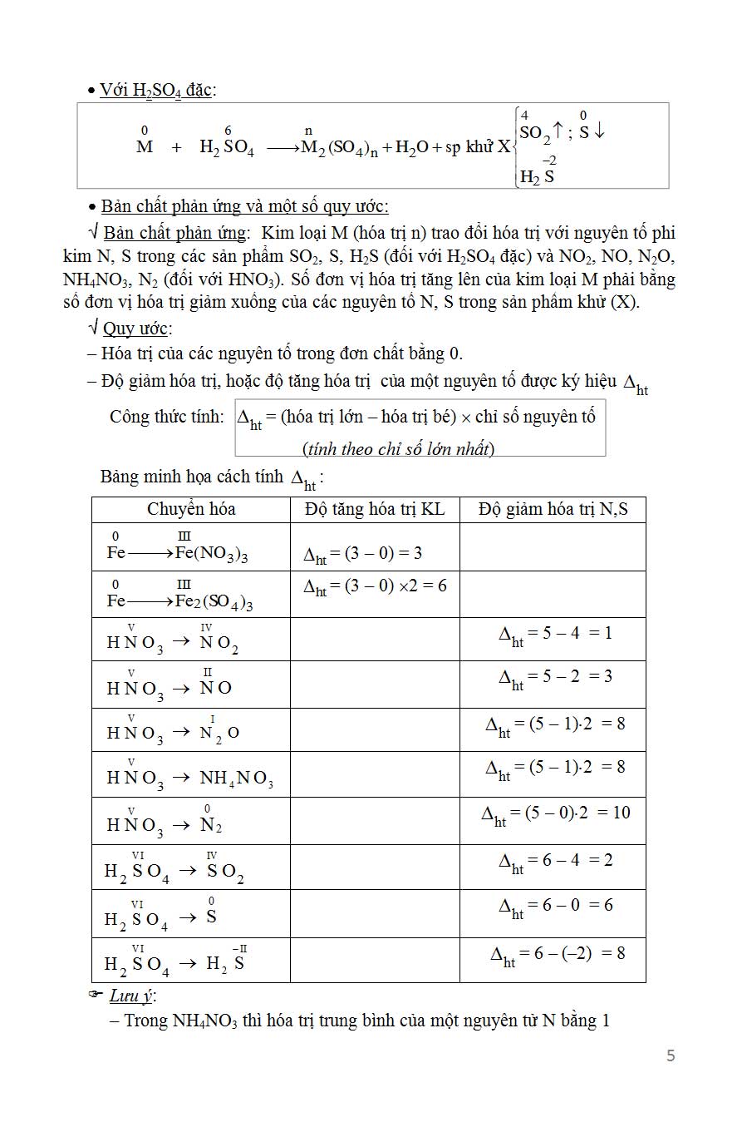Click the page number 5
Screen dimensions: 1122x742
point(671,1055)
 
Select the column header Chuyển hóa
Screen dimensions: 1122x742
point(191,509)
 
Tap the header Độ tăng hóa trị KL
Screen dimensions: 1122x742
point(375,509)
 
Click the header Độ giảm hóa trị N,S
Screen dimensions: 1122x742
point(553,509)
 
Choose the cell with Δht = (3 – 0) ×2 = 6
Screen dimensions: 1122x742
point(375,586)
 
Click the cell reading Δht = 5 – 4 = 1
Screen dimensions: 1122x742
point(555,634)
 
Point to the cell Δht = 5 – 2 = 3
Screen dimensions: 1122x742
point(555,677)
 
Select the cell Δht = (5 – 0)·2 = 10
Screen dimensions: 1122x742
point(555,813)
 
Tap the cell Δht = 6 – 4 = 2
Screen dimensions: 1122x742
point(555,861)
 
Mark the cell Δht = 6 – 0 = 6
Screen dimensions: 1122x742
point(555,906)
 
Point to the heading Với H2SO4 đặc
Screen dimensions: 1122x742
point(157,90)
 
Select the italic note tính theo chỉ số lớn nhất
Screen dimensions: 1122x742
point(399,449)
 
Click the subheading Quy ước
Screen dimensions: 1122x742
point(136,328)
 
